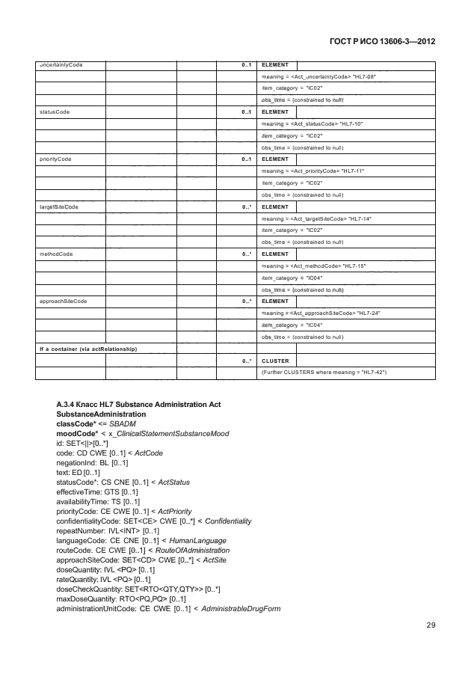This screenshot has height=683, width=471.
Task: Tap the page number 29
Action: click(431, 625)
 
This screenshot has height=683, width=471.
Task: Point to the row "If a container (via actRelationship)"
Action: click(81, 349)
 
